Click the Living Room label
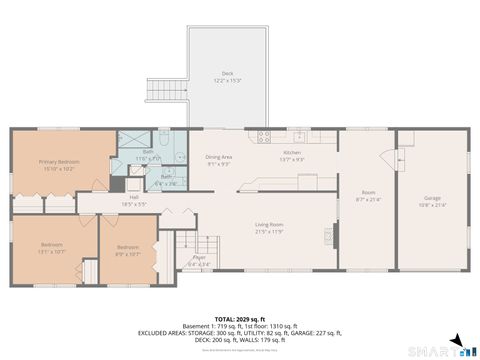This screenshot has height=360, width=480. (x=269, y=228)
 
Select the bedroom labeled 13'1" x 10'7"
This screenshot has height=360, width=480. (x=52, y=249)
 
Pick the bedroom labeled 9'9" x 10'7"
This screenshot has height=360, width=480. (x=127, y=250)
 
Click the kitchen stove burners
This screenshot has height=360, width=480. (x=265, y=137)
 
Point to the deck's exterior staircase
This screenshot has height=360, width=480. (x=163, y=92)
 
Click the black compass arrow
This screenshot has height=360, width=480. (x=455, y=340)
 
